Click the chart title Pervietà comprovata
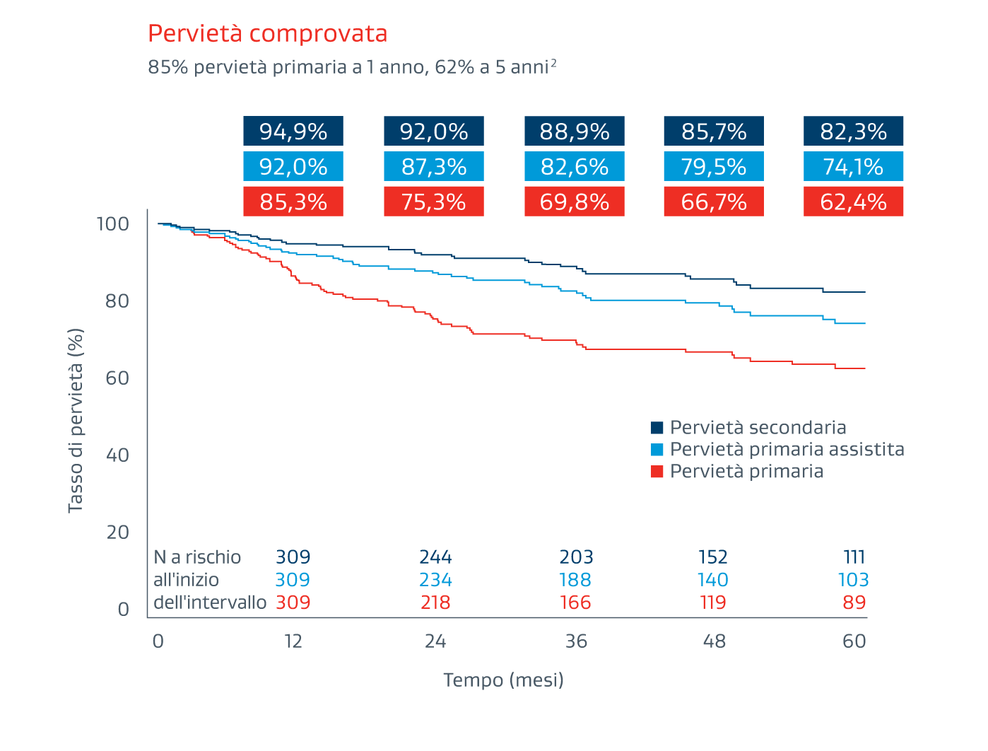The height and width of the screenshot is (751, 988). (x=267, y=34)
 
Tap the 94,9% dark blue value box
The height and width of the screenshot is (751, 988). (x=293, y=132)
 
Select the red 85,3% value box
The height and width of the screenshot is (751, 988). (x=293, y=202)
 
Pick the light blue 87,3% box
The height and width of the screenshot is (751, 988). (x=434, y=167)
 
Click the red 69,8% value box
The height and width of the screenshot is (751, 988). (x=575, y=202)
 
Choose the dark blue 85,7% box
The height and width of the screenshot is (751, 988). (x=714, y=132)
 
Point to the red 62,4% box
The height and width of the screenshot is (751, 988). (x=853, y=202)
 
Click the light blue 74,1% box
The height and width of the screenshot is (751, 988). (x=853, y=167)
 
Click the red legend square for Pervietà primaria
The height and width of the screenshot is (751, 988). (x=657, y=472)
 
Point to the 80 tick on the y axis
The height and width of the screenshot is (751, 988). (x=117, y=301)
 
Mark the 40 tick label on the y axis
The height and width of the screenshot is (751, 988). (x=117, y=455)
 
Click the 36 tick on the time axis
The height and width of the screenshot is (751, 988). (x=576, y=641)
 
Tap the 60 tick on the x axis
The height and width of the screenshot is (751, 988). (x=854, y=641)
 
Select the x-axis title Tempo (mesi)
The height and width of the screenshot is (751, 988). (x=503, y=680)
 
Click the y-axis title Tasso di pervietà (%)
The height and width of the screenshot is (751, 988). (x=76, y=420)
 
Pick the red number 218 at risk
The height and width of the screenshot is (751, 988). (x=435, y=602)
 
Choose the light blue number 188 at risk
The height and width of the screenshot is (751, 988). (x=575, y=580)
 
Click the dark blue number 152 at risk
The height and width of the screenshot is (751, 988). (x=713, y=557)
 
